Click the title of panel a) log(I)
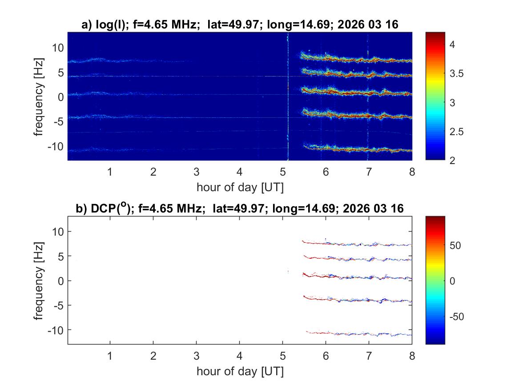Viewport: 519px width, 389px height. coord(240,25)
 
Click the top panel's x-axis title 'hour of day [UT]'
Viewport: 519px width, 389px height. coord(240,187)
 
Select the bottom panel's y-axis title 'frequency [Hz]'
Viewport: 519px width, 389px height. coord(40,281)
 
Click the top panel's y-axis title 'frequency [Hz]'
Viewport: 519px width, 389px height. coord(40,96)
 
